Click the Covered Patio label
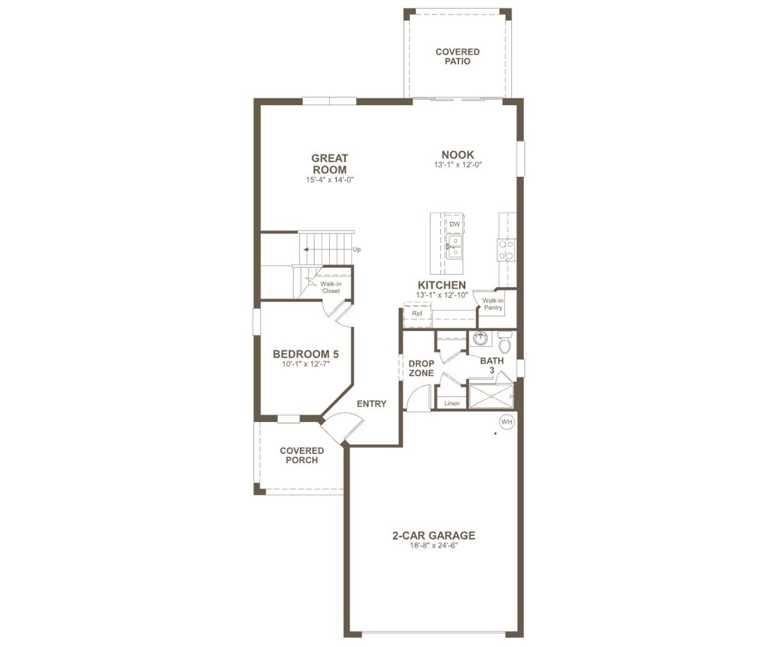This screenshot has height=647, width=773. (x=457, y=56)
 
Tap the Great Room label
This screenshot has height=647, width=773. (x=330, y=164)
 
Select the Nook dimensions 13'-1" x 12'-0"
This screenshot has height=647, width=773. (x=457, y=165)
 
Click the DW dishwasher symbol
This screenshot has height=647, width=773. (x=454, y=225)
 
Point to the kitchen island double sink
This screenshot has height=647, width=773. (x=454, y=246)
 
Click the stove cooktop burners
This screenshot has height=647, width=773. (x=506, y=250)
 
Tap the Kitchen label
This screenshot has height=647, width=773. (x=441, y=285)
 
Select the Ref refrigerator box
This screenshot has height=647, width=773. (x=417, y=314)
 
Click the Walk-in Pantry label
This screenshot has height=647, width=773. (x=493, y=304)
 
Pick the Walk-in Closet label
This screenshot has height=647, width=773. (x=330, y=287)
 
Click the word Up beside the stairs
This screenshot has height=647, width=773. (x=356, y=249)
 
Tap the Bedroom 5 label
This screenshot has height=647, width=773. (x=301, y=354)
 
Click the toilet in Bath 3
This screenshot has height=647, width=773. (x=505, y=343)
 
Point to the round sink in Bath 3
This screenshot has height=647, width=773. (x=481, y=339)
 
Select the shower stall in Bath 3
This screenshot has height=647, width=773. (x=490, y=397)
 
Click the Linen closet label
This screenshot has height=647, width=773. (x=451, y=403)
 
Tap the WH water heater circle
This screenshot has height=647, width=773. (x=506, y=422)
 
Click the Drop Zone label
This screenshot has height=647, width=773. (x=421, y=368)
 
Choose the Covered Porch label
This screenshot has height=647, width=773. (x=301, y=455)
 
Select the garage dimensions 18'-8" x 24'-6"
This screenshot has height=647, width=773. (x=434, y=546)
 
